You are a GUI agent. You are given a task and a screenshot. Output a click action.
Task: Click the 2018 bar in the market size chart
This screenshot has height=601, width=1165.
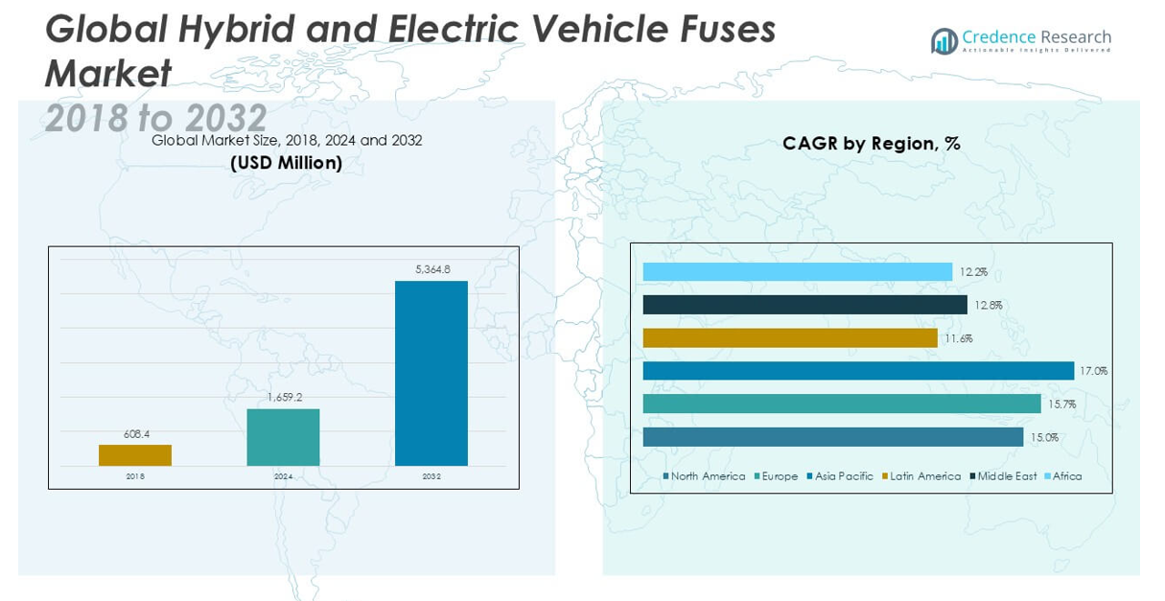[135, 455]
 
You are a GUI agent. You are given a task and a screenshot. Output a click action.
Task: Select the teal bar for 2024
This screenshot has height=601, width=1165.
[283, 437]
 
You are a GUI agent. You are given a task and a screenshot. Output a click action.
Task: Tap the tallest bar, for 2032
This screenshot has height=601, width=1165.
[431, 373]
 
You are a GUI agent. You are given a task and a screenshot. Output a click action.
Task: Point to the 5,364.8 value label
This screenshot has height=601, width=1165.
[432, 269]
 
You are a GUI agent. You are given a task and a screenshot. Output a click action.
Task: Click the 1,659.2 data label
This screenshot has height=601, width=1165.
[283, 397]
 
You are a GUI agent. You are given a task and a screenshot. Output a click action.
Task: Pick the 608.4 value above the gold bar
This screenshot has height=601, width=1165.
[135, 433]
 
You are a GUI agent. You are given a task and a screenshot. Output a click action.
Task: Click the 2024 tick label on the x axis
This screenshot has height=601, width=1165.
[283, 476]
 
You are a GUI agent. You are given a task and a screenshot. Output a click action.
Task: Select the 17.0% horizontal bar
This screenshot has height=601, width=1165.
[858, 371]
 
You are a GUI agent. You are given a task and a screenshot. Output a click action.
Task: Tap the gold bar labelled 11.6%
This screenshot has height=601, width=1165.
[790, 338]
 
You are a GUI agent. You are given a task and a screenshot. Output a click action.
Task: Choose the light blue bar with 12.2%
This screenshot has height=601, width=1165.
[797, 272]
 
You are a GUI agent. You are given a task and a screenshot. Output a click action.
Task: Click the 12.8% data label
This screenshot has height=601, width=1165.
[987, 306]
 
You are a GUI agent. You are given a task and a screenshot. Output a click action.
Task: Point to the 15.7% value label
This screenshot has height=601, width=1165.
[1061, 405]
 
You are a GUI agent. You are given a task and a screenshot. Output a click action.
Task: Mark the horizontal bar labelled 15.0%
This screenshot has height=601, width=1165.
[832, 437]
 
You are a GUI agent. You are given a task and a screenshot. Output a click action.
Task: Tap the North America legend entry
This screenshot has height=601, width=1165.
[708, 476]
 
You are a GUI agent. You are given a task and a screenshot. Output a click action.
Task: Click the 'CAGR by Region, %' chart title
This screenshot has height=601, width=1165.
[871, 144]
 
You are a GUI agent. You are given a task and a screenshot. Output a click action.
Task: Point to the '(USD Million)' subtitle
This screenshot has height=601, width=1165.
[286, 163]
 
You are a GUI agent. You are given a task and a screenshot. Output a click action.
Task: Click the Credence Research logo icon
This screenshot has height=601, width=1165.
[944, 41]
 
